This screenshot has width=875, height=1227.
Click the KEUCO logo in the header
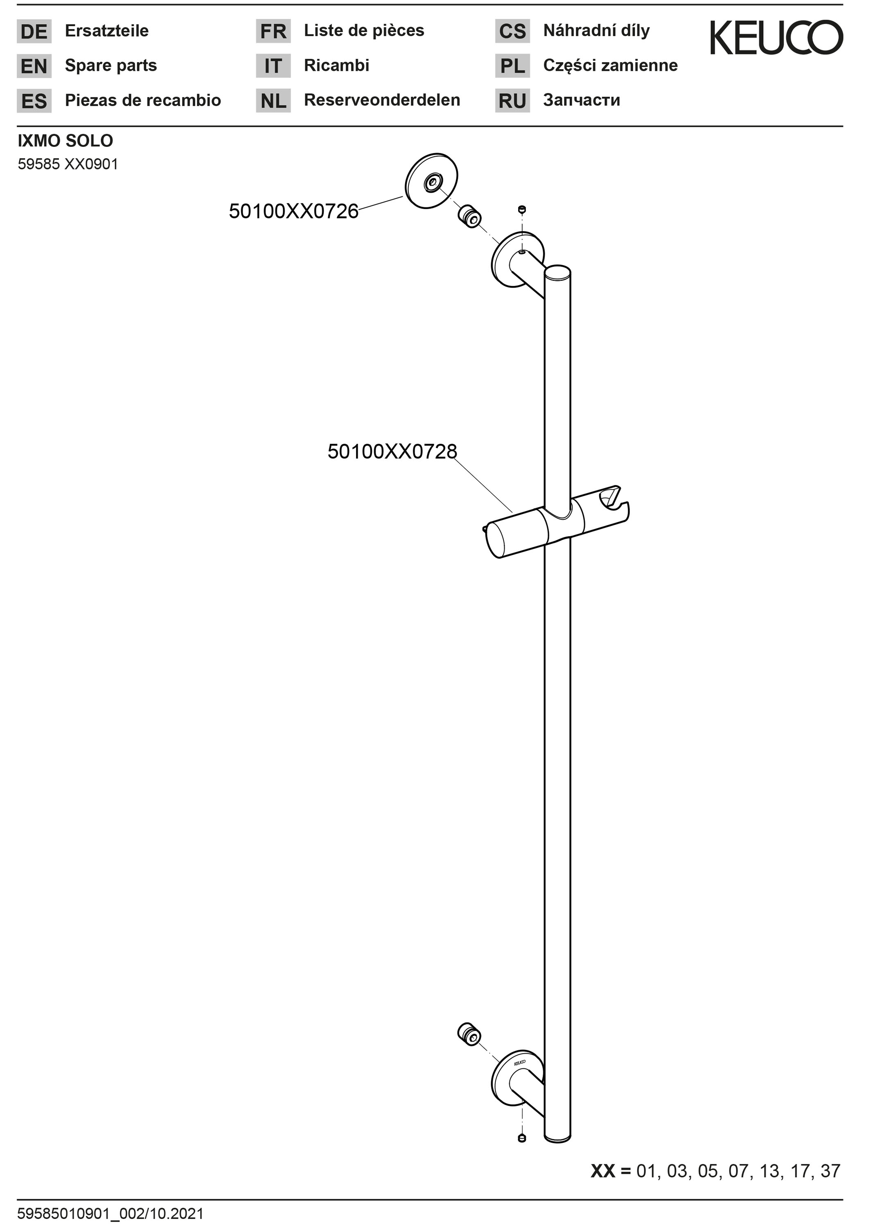[776, 38]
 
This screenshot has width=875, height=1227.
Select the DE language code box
[34, 31]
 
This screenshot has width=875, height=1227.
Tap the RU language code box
[512, 101]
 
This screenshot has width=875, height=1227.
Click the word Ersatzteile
[107, 31]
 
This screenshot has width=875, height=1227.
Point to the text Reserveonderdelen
[382, 100]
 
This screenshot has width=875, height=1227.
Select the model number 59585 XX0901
[68, 164]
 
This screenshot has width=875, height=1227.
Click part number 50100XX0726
[293, 211]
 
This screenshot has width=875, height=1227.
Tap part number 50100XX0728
[392, 452]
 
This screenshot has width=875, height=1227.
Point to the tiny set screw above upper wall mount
[521, 209]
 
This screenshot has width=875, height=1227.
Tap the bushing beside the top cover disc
[470, 216]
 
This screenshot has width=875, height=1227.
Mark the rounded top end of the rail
[558, 272]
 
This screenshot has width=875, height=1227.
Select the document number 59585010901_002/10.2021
[111, 1214]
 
